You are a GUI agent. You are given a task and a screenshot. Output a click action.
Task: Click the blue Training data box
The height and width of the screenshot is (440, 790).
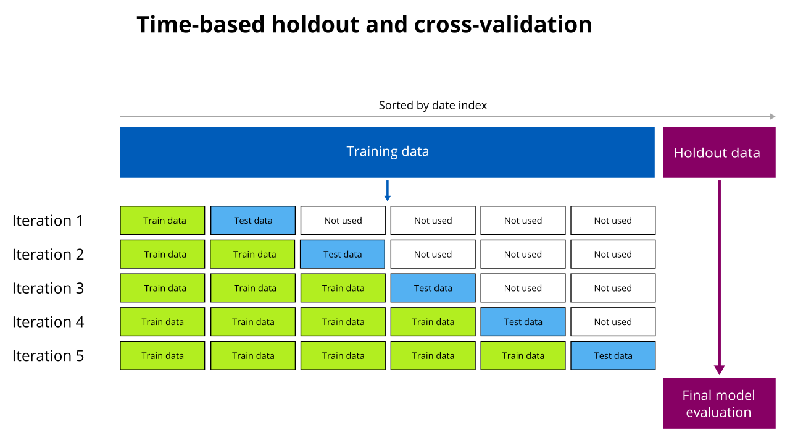click(387, 152)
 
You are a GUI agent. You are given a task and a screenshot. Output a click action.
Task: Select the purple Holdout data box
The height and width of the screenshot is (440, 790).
click(718, 153)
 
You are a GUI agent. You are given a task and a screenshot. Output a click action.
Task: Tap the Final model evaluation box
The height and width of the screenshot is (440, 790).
click(718, 403)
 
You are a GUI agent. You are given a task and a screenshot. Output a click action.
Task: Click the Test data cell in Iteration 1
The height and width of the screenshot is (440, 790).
click(253, 221)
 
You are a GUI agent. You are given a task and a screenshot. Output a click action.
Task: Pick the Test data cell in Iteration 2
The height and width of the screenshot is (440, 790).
click(343, 254)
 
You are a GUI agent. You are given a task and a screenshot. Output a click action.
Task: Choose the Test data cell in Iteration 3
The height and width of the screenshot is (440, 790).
click(433, 288)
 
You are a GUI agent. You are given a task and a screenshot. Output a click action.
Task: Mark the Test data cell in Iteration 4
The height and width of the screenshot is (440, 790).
click(523, 322)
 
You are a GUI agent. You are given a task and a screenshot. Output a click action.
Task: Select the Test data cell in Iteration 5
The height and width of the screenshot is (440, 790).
click(613, 355)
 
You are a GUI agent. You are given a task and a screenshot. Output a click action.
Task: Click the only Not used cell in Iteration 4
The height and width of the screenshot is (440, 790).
click(613, 322)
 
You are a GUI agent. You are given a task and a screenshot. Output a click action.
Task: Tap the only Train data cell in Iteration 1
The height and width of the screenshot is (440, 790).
click(162, 221)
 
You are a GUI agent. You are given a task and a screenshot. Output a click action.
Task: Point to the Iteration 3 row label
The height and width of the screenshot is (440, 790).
click(48, 288)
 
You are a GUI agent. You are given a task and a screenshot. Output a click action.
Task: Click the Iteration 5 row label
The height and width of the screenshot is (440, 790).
click(48, 355)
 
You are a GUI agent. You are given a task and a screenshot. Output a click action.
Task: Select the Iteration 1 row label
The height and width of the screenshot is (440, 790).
click(48, 221)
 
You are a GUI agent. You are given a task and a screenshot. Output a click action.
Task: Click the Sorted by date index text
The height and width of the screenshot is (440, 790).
click(433, 106)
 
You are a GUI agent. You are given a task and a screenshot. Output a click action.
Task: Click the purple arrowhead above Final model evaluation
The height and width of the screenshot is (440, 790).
click(719, 370)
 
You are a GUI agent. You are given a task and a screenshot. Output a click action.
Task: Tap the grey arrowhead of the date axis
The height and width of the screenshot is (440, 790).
click(772, 116)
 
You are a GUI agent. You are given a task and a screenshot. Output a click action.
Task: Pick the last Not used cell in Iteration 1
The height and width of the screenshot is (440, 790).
click(613, 221)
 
